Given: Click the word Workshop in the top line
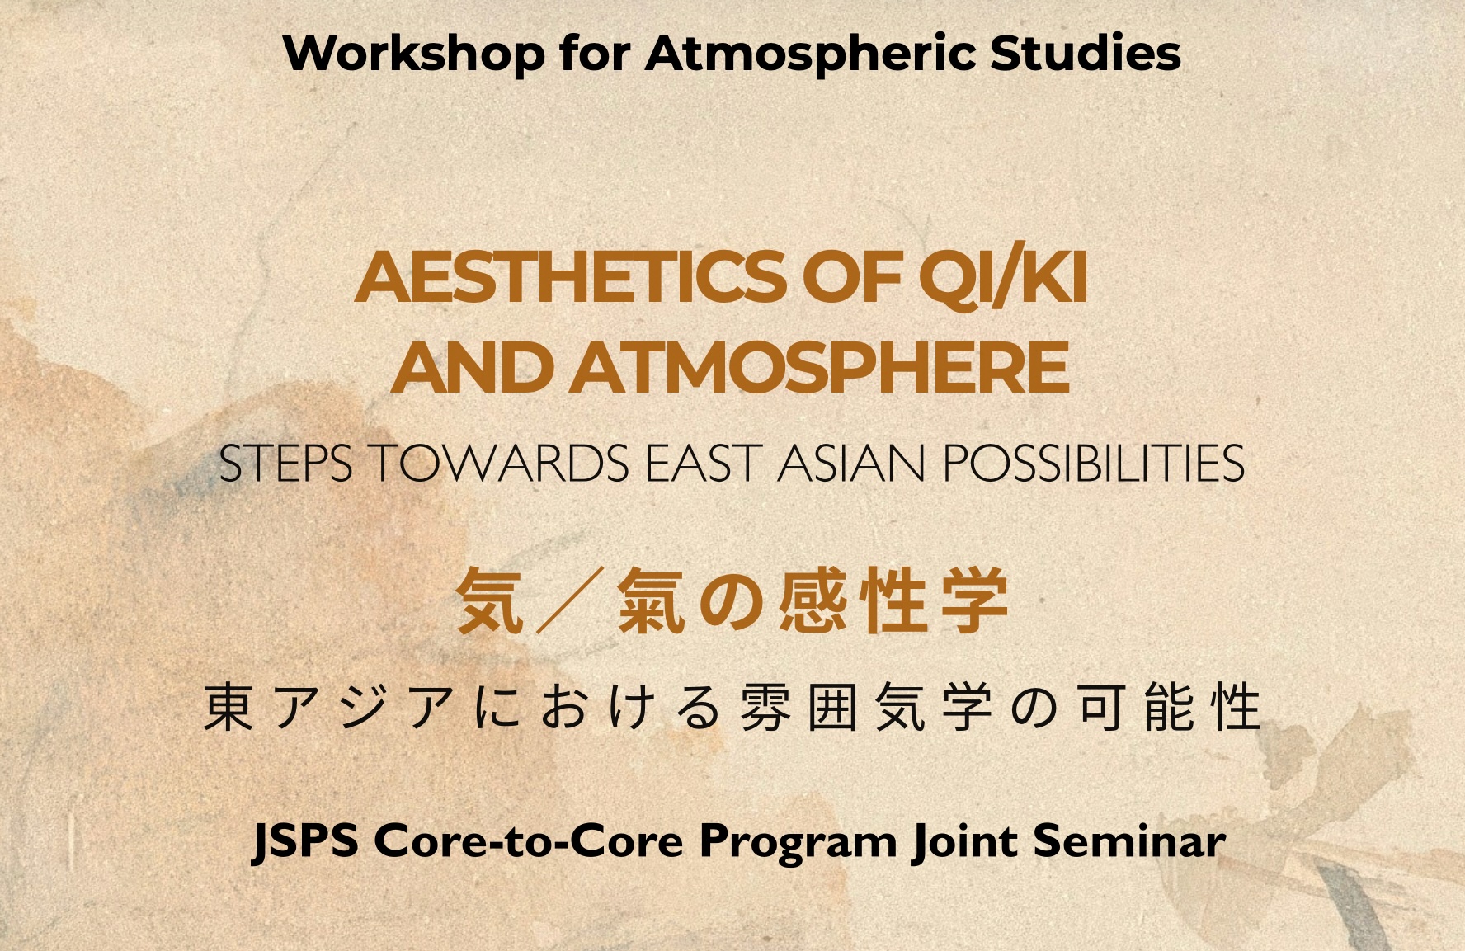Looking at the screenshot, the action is (414, 53).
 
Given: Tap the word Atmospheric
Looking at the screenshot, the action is (812, 54).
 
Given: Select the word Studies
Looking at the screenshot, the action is (1085, 53).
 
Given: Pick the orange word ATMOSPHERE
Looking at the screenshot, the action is (821, 368).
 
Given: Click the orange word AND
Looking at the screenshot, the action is (472, 368).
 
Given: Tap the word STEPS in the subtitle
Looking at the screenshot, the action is (285, 463).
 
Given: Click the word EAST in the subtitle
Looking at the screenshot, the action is (702, 463).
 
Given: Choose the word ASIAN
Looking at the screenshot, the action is (851, 463).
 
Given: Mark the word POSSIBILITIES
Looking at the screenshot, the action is (1094, 463).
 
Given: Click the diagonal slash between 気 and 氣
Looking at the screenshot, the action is (569, 600).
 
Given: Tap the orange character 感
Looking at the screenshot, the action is (810, 600).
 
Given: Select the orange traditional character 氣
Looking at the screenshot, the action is (651, 600).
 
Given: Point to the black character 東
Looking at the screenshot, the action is (228, 707).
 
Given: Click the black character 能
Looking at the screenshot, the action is (1171, 707).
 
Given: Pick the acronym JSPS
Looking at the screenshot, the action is (305, 842).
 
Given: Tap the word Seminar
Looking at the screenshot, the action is (1129, 841).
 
